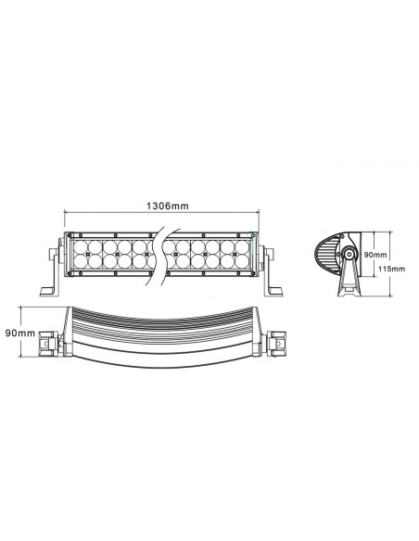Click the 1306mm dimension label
pos(163,205)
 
